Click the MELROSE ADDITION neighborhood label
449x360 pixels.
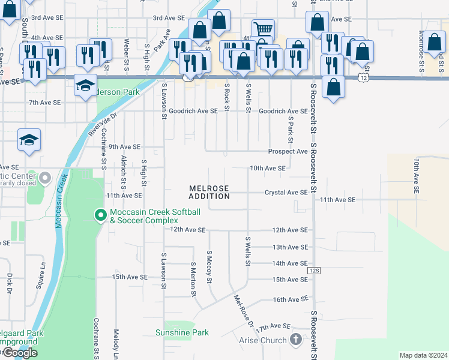tap(209, 192)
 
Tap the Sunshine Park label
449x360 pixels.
tap(182, 332)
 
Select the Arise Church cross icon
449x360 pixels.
tap(295, 340)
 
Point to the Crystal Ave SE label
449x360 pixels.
tap(286, 193)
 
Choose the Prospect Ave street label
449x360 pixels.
tap(288, 152)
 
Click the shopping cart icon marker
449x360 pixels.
tap(262, 29)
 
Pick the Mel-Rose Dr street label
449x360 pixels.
tap(243, 311)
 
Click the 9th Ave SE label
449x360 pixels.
tap(124, 146)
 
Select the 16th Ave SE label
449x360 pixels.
tap(290, 299)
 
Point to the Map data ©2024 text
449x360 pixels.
tap(423, 355)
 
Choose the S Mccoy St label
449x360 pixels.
tap(210, 268)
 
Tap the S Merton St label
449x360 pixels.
tap(193, 279)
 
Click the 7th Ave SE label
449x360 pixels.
tap(45, 103)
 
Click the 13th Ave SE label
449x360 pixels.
tap(290, 247)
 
